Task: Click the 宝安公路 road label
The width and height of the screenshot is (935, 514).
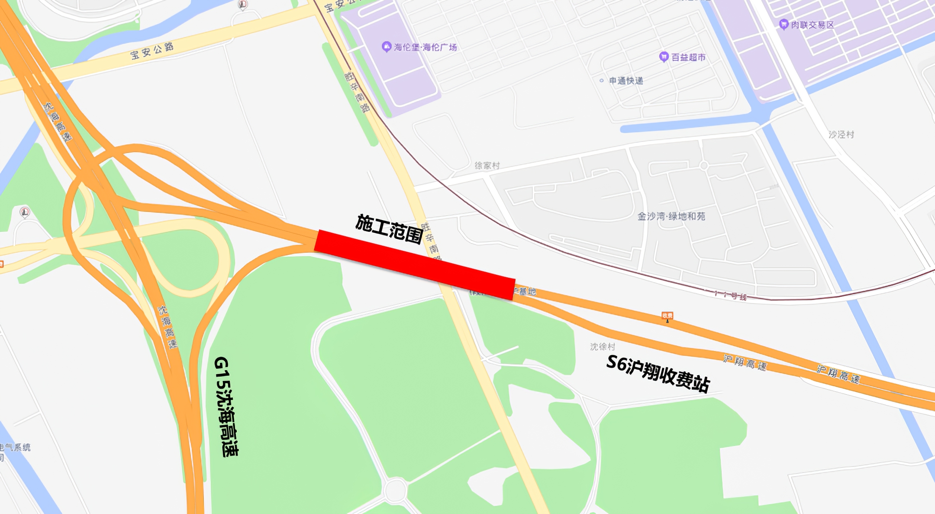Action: (x=152, y=51)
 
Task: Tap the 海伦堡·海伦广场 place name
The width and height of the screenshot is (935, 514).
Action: (x=425, y=47)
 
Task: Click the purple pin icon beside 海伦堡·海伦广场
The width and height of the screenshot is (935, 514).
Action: (x=386, y=46)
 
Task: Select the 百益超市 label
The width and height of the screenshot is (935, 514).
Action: (x=688, y=57)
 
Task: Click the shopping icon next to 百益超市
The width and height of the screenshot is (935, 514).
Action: (x=663, y=57)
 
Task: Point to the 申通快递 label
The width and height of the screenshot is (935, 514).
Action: (x=626, y=81)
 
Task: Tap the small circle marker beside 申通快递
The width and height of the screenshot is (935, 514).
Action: (x=601, y=81)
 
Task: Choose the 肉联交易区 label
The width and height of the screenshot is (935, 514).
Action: (x=812, y=25)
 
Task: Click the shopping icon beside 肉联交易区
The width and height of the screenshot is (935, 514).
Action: (x=783, y=24)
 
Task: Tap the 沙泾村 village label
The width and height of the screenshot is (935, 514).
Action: (x=841, y=135)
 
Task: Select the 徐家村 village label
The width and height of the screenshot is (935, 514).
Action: (x=487, y=166)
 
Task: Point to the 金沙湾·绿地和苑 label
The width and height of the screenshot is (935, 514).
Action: (x=671, y=216)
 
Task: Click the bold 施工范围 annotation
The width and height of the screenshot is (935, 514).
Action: (x=389, y=229)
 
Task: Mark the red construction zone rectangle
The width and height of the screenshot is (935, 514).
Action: (x=414, y=265)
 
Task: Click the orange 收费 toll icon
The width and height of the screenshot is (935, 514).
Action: (x=667, y=316)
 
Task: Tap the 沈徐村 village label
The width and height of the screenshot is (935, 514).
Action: (x=602, y=347)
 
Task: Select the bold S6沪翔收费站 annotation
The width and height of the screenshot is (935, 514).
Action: (x=658, y=373)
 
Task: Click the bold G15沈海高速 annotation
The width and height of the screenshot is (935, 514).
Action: (x=226, y=407)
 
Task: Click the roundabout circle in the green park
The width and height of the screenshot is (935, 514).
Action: (x=395, y=490)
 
